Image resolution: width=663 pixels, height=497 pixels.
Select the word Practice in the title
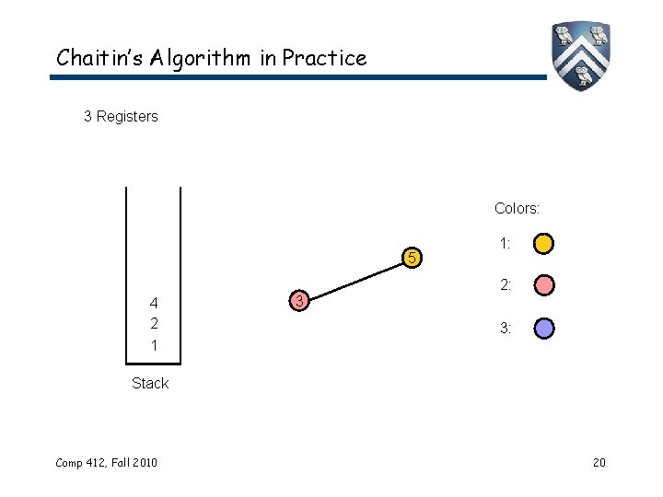pyautogui.click(x=324, y=58)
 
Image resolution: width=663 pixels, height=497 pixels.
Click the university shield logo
pyautogui.click(x=581, y=55)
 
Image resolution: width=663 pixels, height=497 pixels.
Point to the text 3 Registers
pyautogui.click(x=121, y=117)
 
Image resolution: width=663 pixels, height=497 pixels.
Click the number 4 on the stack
pyautogui.click(x=154, y=304)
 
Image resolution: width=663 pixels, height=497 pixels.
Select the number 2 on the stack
pyautogui.click(x=154, y=324)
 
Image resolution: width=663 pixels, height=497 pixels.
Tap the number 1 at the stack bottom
pyautogui.click(x=154, y=345)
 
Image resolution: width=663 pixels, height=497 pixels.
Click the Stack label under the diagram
pyautogui.click(x=150, y=383)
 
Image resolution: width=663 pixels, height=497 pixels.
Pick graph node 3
pyautogui.click(x=297, y=300)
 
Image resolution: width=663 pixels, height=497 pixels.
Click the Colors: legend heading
pyautogui.click(x=517, y=209)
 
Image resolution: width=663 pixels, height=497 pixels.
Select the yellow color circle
pyautogui.click(x=544, y=245)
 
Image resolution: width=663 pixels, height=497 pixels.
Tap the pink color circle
pyautogui.click(x=544, y=286)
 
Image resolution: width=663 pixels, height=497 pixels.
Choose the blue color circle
pyautogui.click(x=544, y=328)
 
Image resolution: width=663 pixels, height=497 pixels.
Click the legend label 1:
pyautogui.click(x=505, y=245)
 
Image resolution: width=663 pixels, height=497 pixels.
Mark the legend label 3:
pyautogui.click(x=505, y=328)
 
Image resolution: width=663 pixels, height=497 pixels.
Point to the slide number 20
pyautogui.click(x=599, y=461)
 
